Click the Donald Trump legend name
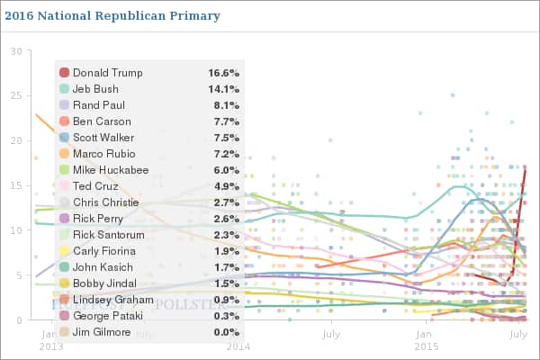(x=108, y=73)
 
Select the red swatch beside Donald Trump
(x=64, y=73)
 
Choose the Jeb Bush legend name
(x=97, y=89)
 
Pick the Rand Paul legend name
(x=99, y=105)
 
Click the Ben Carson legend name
(x=102, y=121)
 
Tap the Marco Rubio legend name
(x=105, y=154)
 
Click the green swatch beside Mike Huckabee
(x=64, y=170)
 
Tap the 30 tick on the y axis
(x=15, y=51)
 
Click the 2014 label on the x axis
(x=238, y=345)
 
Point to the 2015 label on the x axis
(x=425, y=345)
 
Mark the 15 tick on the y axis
(x=15, y=186)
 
